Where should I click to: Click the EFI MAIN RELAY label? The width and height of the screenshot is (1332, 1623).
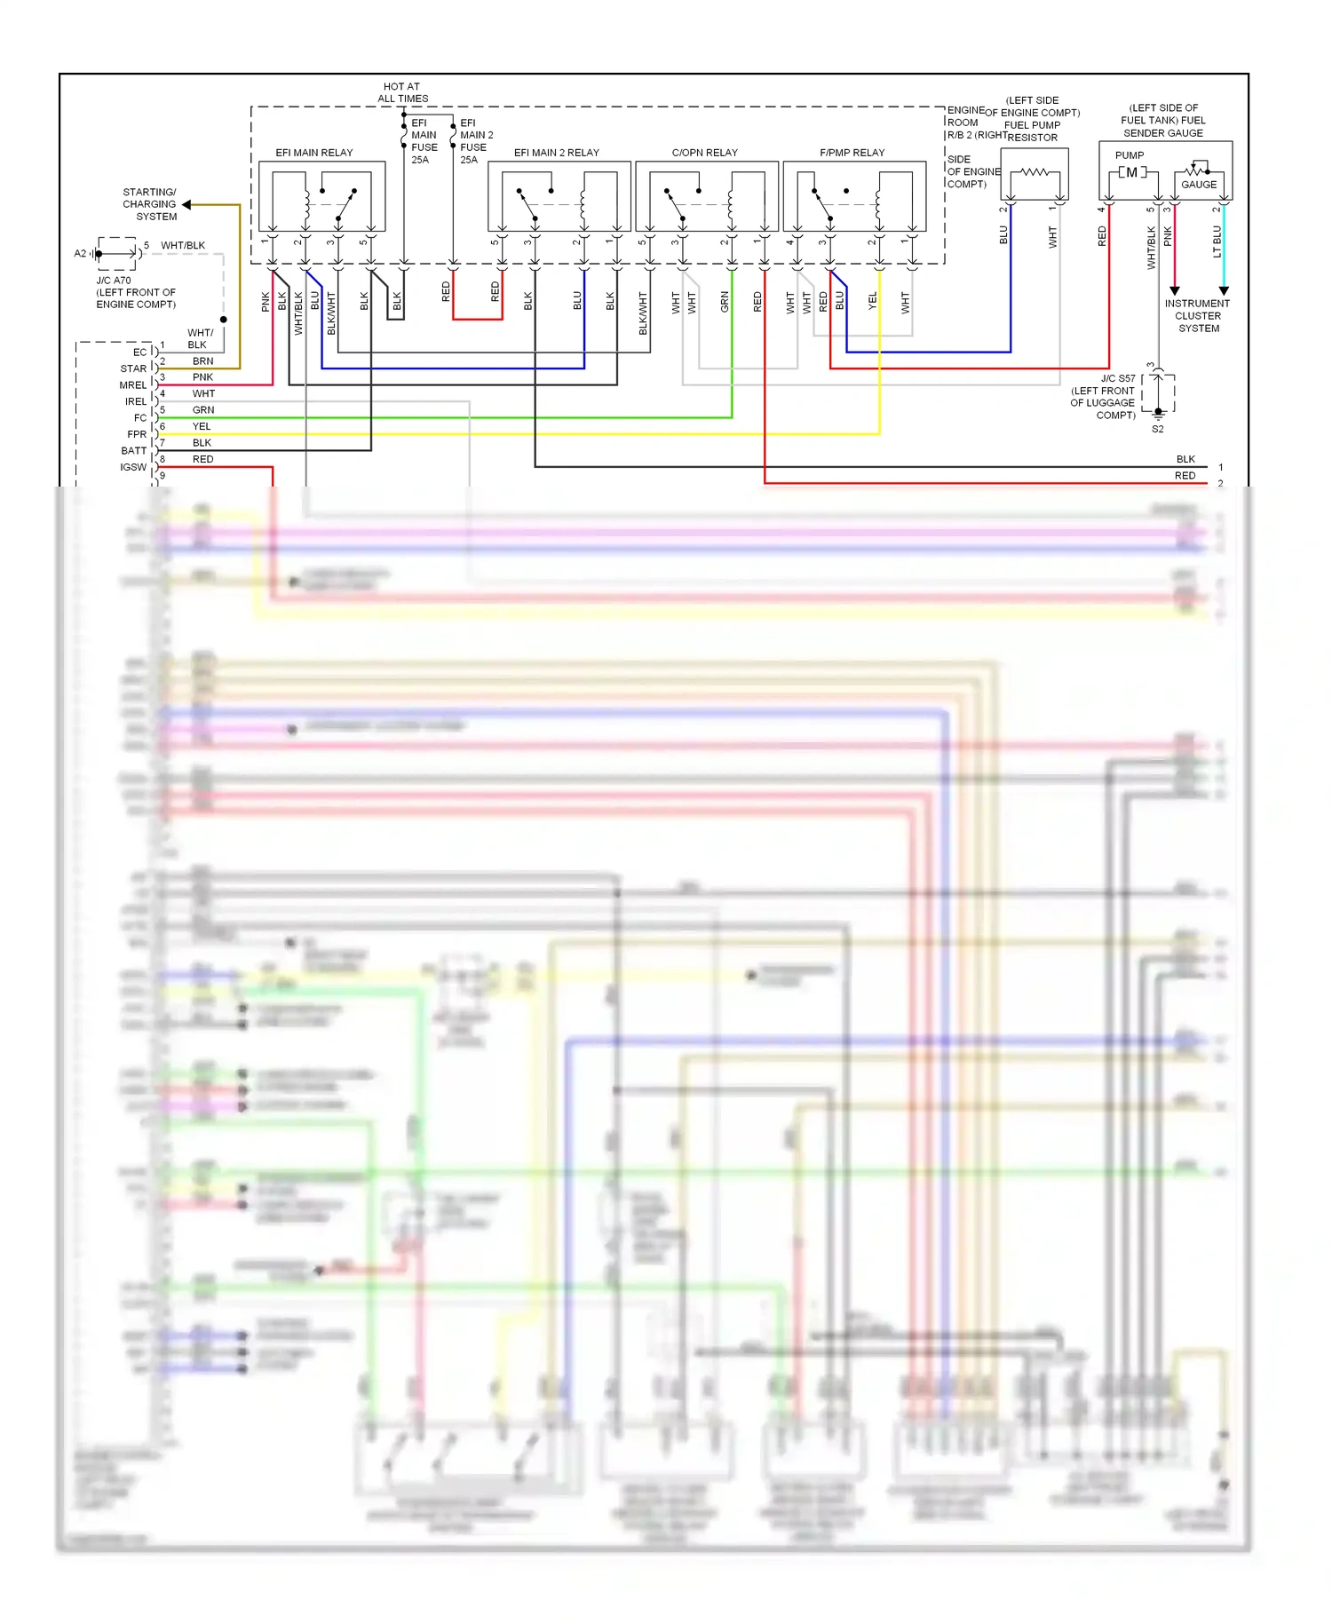[x=313, y=153]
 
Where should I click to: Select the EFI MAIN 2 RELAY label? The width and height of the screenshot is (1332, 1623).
[x=556, y=153]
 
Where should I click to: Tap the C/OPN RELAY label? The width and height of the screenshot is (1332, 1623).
[x=704, y=153]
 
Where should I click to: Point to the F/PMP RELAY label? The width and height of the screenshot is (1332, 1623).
[x=852, y=153]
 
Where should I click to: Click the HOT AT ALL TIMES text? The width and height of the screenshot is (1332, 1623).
[x=402, y=92]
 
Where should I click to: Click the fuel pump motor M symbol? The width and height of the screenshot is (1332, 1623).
[x=1131, y=172]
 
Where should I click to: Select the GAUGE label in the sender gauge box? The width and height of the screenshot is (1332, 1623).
[x=1199, y=185]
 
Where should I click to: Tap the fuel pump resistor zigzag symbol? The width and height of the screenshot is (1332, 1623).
[x=1035, y=172]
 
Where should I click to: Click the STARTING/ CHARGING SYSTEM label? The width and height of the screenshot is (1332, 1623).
[x=150, y=204]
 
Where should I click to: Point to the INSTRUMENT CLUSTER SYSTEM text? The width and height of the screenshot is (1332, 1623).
[x=1197, y=316]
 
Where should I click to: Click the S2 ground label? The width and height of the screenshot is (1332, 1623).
[x=1157, y=429]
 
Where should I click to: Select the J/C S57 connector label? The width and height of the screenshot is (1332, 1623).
[x=1118, y=378]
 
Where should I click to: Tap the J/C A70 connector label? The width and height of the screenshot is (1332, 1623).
[x=114, y=281]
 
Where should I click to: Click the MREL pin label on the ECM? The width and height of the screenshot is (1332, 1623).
[x=133, y=385]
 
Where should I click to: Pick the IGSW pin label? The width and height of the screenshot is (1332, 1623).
[x=133, y=467]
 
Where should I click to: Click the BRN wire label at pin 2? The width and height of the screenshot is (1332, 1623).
[x=202, y=361]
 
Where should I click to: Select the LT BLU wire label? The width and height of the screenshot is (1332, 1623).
[x=1217, y=241]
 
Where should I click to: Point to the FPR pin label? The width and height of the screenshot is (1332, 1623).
[x=137, y=434]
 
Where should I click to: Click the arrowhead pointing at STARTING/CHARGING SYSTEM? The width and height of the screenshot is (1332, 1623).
[x=186, y=204]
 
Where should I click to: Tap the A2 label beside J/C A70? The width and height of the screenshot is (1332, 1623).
[x=80, y=254]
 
